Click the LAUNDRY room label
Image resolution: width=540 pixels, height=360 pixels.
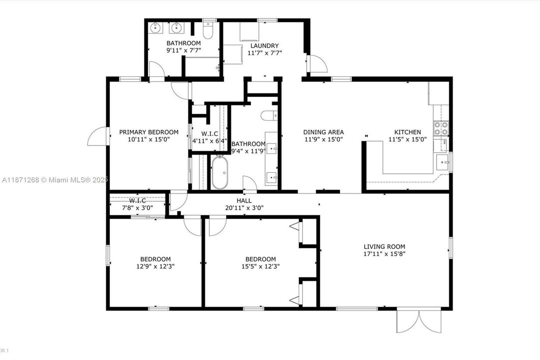(265, 46)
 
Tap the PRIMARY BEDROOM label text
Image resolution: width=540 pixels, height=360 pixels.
(148, 132)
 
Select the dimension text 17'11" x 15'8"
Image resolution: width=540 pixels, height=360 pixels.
(384, 253)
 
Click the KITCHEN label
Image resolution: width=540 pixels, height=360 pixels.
(408, 132)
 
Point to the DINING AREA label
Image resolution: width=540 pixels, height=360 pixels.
(323, 132)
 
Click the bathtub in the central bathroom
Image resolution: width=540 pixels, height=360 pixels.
(220, 173)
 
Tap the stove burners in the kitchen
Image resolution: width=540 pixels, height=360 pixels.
(440, 128)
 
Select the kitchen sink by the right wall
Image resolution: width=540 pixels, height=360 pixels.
(442, 162)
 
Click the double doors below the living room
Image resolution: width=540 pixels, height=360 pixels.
(419, 320)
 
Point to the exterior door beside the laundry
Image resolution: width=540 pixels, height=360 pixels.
(317, 64)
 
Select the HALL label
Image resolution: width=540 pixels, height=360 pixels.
(244, 200)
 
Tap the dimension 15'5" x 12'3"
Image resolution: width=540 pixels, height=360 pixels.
(260, 266)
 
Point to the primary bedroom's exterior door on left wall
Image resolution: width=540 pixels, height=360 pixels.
(97, 136)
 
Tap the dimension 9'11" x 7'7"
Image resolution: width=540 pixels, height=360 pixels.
(183, 50)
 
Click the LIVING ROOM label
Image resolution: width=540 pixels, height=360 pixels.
(384, 246)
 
